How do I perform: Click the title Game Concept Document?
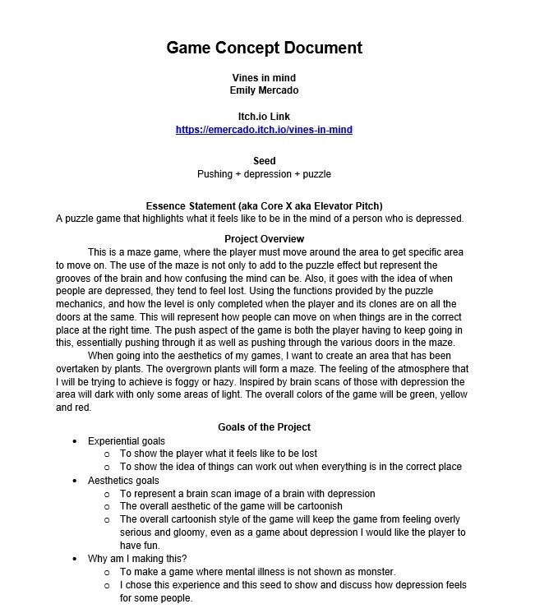tap(264, 48)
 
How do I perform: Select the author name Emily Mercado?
tap(264, 90)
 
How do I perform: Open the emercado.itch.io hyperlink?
tap(264, 130)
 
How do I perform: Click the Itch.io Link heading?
tap(264, 117)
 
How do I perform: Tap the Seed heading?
tap(264, 161)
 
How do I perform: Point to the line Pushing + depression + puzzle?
tap(264, 174)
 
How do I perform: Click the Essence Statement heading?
tap(264, 205)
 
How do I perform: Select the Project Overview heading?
tap(264, 239)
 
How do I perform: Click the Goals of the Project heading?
tap(264, 427)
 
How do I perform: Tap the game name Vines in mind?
tap(264, 78)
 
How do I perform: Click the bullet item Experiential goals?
tap(127, 441)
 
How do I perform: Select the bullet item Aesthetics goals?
tap(123, 481)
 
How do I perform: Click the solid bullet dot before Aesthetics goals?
tap(76, 481)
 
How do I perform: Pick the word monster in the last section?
tap(376, 572)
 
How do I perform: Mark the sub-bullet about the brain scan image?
tap(247, 494)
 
